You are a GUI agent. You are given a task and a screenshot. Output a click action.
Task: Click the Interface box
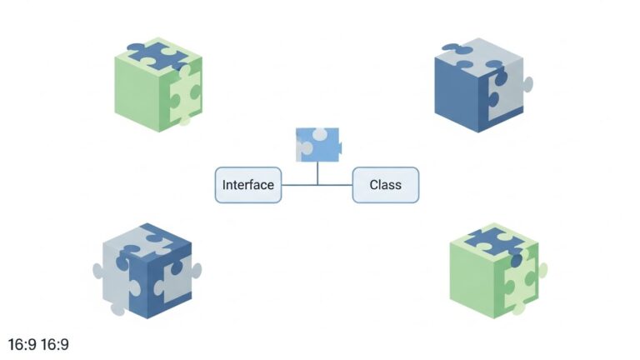click(248, 185)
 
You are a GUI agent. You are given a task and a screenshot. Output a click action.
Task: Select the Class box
click(385, 185)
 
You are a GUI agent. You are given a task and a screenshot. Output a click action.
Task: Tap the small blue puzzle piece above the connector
click(317, 143)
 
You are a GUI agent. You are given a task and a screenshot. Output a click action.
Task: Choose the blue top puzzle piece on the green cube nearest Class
click(493, 240)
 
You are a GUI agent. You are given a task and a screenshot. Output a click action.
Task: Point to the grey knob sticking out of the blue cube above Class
click(528, 83)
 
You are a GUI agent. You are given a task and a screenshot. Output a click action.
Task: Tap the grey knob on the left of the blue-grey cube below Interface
click(97, 270)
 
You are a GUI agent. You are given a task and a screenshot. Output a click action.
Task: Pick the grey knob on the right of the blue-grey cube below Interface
click(197, 269)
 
